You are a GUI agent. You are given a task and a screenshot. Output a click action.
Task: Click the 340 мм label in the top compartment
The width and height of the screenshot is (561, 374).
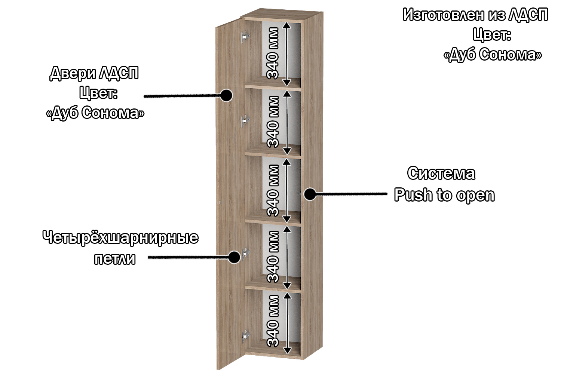273,53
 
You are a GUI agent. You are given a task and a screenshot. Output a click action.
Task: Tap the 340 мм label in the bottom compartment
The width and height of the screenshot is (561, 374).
273,321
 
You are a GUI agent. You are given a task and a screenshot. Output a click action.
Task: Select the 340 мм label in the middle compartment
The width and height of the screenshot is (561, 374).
273,190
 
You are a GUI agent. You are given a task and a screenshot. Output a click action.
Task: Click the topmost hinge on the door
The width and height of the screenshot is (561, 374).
245,37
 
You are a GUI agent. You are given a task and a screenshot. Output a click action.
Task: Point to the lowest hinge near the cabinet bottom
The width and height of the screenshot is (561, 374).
246,336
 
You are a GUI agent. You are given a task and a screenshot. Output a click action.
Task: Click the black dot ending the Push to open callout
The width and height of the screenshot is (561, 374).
310,194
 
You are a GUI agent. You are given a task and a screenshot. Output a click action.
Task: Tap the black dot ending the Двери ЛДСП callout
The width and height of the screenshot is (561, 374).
226,95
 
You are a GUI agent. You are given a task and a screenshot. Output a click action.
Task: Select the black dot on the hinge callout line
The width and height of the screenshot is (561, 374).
234,257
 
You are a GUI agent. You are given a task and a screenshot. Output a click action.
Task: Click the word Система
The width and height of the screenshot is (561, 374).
441,174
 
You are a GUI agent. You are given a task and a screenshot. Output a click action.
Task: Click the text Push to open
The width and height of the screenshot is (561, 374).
444,195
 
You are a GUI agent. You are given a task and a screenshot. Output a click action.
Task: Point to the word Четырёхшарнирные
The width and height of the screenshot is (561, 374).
120,238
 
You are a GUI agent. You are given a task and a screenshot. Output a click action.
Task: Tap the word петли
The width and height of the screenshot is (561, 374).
115,259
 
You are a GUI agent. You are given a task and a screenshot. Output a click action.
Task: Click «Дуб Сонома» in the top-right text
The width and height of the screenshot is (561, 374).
493,55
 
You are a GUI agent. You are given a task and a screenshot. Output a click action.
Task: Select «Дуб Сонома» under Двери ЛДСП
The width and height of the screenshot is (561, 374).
95,113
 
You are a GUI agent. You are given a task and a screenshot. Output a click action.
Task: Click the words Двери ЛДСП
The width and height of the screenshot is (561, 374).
94,73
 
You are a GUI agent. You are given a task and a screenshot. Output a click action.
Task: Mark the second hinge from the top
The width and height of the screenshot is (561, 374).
245,120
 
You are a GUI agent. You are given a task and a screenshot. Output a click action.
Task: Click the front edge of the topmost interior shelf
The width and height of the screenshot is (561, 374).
273,88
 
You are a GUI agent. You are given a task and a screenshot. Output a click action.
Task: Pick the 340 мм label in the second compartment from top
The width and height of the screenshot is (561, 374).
273,122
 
